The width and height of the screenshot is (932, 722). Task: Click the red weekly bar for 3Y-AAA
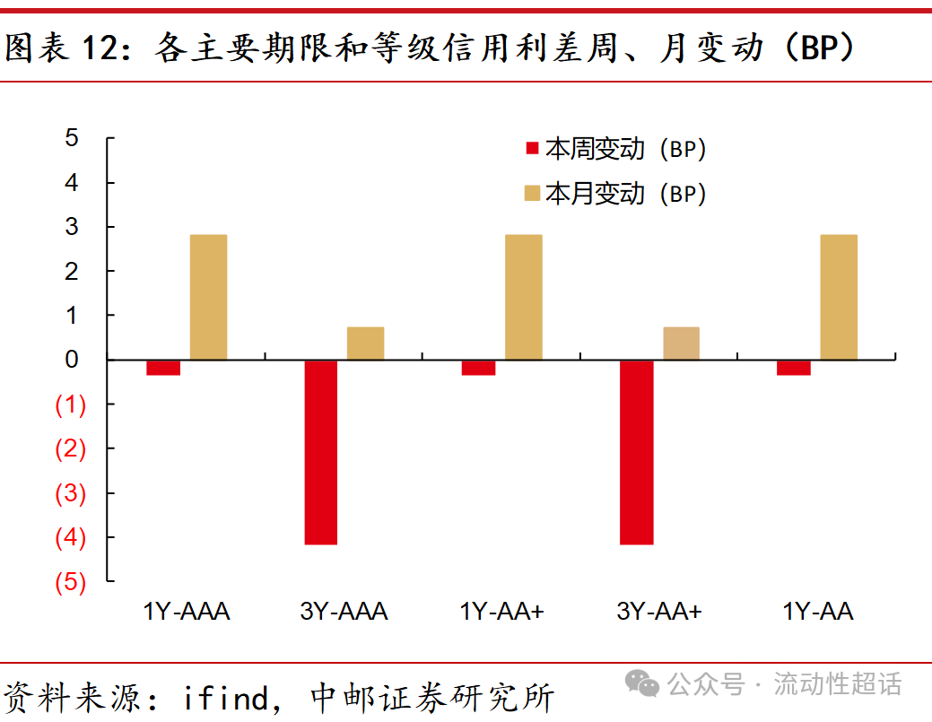click(321, 452)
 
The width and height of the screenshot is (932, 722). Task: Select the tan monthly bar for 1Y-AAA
click(208, 297)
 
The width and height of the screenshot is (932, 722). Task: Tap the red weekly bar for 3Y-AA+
click(637, 452)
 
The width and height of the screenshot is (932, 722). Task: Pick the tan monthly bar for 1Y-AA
click(839, 297)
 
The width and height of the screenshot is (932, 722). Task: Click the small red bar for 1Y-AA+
click(479, 368)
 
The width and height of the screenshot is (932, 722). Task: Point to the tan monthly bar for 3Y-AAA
click(365, 344)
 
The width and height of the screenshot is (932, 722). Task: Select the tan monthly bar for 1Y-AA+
click(523, 297)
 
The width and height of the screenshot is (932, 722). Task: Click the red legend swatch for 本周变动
click(531, 150)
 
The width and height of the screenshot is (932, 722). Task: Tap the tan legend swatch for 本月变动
click(531, 194)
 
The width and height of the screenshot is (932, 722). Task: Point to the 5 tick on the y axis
click(72, 138)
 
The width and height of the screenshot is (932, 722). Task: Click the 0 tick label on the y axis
click(72, 360)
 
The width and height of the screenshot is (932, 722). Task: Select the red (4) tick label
click(71, 538)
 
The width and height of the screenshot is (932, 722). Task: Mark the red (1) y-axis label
click(71, 405)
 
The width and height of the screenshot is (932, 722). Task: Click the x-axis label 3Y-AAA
click(344, 612)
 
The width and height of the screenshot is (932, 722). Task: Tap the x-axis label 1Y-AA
click(817, 612)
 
